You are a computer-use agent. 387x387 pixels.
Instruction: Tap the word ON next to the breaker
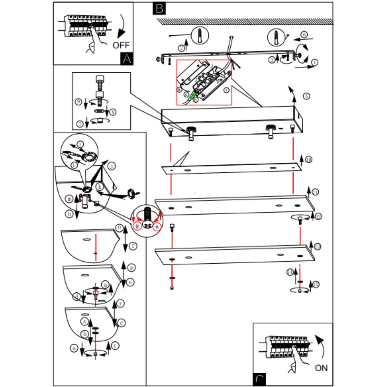[321, 368]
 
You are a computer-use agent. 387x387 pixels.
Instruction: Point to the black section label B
[159, 8]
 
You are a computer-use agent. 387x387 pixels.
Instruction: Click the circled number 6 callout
[304, 34]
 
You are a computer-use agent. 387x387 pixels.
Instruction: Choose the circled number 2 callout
[181, 48]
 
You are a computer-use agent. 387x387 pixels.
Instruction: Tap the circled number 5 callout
[306, 96]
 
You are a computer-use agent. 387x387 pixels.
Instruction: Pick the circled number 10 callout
[309, 160]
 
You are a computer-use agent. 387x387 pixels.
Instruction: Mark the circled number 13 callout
[317, 247]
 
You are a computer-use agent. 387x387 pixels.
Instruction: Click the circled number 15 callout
[316, 284]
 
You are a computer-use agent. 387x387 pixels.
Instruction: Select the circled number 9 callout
[79, 102]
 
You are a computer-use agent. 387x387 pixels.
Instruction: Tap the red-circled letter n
[157, 226]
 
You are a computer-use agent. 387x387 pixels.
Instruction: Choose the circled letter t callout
[115, 346]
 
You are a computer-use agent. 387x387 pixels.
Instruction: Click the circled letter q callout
[105, 284]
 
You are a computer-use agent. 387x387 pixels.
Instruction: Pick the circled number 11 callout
[315, 192]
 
